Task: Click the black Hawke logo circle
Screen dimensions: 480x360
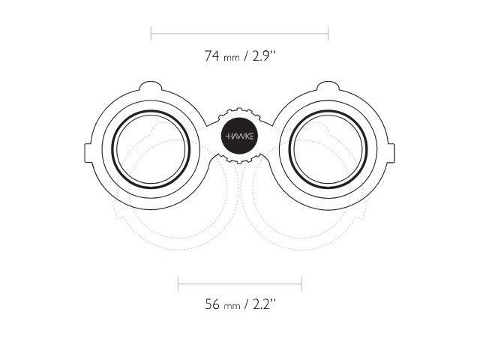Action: coord(239,136)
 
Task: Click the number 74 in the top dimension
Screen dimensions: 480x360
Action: coord(211,56)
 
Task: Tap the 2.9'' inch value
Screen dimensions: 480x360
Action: coord(264,56)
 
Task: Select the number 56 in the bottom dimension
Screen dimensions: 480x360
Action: coord(212,304)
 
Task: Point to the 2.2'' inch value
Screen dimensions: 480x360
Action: coord(265,304)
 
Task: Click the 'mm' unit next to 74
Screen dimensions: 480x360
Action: coord(232,58)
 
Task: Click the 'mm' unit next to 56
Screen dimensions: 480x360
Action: coord(232,307)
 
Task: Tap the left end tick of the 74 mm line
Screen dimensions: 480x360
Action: coord(151,33)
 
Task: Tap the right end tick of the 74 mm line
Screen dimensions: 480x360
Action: coord(328,33)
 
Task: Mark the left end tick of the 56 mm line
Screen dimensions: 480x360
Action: coord(178,283)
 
